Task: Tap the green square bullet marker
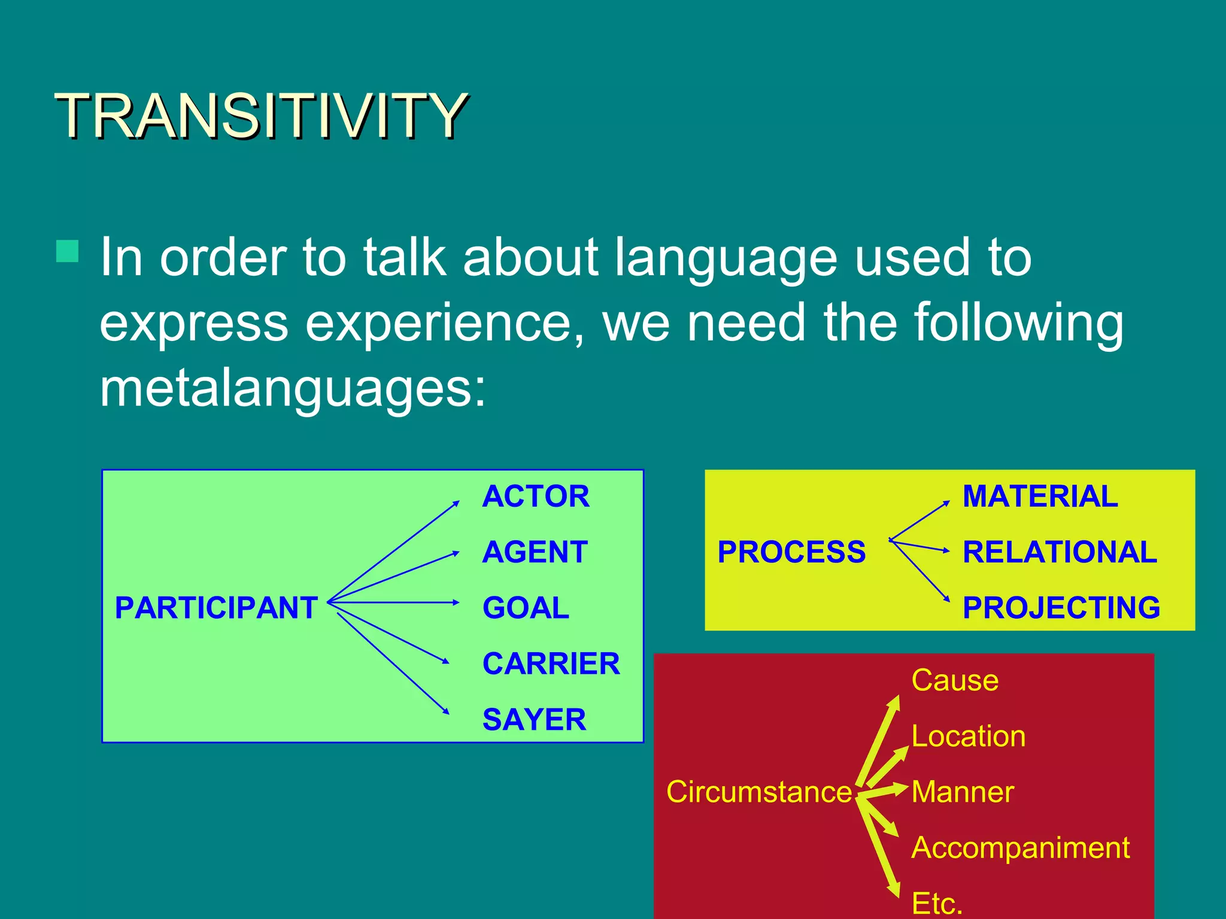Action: pos(67,252)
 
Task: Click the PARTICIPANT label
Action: pos(216,608)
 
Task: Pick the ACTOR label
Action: pos(536,497)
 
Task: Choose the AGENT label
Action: pos(535,552)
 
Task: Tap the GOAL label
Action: pos(526,608)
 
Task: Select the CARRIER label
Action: pos(551,664)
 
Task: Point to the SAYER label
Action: pos(534,720)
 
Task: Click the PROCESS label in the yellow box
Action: pos(791,552)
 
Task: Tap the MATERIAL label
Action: pos(1040,497)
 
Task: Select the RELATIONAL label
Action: pos(1060,552)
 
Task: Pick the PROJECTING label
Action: pos(1061,608)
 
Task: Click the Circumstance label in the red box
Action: pos(758,792)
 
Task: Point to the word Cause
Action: pos(955,680)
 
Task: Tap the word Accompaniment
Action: pos(1020,848)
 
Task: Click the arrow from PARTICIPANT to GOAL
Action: pos(395,602)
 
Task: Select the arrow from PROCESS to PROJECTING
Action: pos(919,571)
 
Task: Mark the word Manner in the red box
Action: pos(962,792)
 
